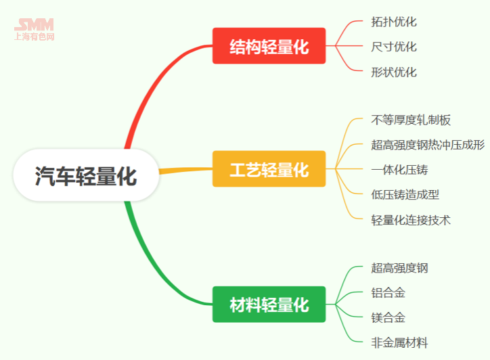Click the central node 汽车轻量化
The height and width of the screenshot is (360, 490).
click(86, 176)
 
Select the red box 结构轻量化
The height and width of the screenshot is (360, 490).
click(269, 47)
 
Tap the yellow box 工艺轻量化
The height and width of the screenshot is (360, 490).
click(269, 169)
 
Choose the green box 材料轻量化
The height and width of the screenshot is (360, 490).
click(269, 305)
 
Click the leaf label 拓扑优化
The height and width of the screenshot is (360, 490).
click(394, 22)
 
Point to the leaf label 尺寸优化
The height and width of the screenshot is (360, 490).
click(394, 47)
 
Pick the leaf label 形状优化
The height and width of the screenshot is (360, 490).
click(394, 72)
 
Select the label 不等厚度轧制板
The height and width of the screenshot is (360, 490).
click(411, 120)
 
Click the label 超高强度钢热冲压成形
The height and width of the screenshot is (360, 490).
click(428, 145)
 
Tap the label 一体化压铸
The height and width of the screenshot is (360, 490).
click(399, 169)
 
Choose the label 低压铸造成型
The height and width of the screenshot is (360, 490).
click(405, 194)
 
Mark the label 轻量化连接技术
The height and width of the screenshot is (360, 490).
click(411, 219)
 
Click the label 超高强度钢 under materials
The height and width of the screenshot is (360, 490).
click(399, 268)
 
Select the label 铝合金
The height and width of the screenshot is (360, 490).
click(388, 292)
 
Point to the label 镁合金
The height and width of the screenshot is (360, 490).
click(388, 317)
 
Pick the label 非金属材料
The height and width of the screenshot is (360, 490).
click(399, 342)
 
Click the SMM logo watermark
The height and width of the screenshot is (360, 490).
click(34, 29)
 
